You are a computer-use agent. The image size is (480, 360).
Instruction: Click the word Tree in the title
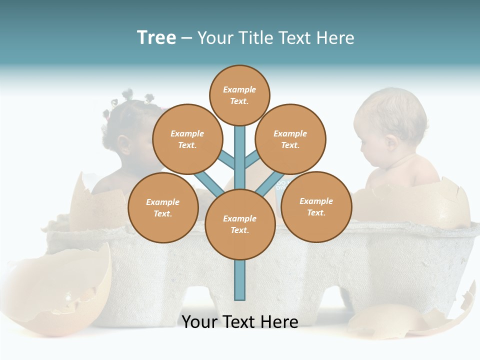coord(156,38)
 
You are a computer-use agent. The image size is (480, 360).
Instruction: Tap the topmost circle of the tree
coord(239,95)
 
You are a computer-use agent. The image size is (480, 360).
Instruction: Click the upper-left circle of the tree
coord(187,139)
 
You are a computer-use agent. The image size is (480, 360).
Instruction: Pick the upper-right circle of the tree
coord(290,139)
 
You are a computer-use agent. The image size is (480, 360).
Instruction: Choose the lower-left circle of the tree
coord(163,207)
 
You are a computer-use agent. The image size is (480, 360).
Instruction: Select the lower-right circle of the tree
coord(316,206)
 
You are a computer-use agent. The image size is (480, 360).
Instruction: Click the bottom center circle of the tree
coord(240,224)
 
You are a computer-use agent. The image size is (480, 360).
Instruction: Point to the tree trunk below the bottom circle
coord(240,280)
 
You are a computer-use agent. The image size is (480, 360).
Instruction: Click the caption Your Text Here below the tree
coord(240,321)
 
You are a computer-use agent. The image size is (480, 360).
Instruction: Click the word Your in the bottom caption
coord(200,321)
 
